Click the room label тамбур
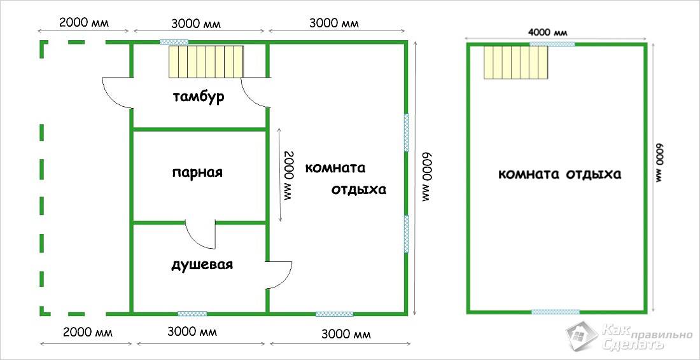[199, 98]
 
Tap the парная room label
[197, 173]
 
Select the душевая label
[202, 265]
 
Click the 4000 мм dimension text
[551, 33]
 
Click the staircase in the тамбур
[206, 62]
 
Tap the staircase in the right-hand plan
[515, 62]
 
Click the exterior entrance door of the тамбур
[117, 93]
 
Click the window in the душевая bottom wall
[192, 314]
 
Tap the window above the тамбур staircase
[174, 43]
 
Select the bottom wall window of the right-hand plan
[556, 312]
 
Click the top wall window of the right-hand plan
[552, 44]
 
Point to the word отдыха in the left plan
[358, 190]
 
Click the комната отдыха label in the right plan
[559, 174]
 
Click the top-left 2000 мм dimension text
[84, 23]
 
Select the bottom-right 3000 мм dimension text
[346, 334]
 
